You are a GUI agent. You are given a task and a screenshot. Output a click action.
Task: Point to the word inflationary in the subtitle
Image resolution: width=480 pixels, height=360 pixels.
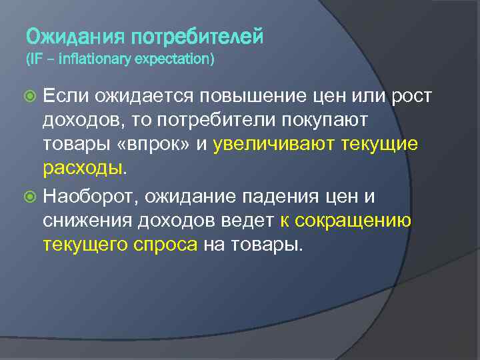tap(95, 60)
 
